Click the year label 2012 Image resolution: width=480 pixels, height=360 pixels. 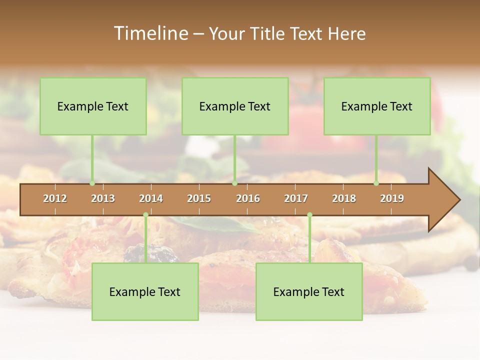point(55,198)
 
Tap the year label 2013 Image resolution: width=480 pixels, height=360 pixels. point(103,198)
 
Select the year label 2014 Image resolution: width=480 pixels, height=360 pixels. point(151,198)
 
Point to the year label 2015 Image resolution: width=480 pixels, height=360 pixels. point(199,198)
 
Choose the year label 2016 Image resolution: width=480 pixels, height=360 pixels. point(248,198)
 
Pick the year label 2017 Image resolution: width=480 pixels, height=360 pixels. point(296,198)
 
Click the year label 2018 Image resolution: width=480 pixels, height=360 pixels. point(344,198)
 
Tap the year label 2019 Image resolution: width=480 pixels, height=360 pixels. point(392,198)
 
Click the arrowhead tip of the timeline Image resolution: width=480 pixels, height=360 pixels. point(458,200)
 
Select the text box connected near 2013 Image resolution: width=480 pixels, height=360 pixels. point(93,106)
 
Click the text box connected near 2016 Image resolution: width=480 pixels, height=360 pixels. point(235,106)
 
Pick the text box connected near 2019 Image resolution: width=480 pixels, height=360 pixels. point(377,106)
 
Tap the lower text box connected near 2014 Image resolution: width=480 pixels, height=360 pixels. point(145,291)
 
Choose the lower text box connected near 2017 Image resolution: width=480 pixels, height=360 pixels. point(309,291)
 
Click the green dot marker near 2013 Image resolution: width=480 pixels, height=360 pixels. point(92,183)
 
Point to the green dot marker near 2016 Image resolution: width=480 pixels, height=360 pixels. point(234,183)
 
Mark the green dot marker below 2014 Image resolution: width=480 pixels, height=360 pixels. point(145,215)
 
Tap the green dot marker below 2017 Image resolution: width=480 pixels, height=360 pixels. point(309,215)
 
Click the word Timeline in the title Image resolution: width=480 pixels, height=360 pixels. point(150,33)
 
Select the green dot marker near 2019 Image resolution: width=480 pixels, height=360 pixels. point(376,183)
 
